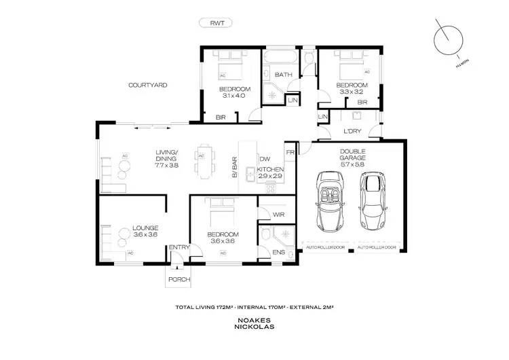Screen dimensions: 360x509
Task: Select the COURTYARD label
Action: point(148,85)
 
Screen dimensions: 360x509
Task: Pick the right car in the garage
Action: point(373,201)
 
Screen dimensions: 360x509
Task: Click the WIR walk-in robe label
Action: point(277,215)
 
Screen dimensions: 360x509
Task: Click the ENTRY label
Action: point(179,247)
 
